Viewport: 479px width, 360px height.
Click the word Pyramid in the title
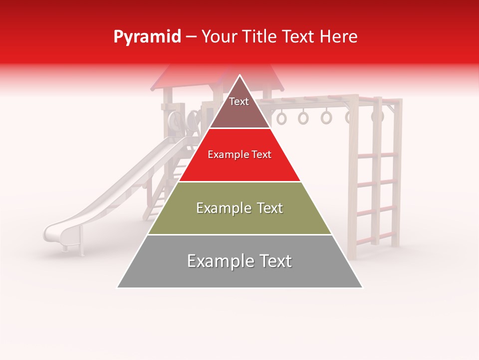coord(147,37)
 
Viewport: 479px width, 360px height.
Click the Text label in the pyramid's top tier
coord(239,101)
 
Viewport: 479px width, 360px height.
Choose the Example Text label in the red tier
coord(239,154)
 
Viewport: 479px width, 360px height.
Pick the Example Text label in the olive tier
coord(239,208)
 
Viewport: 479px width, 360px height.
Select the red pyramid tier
coord(239,167)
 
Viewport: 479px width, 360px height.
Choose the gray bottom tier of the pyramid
coord(239,275)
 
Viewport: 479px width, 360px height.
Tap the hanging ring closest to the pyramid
coord(282,118)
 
